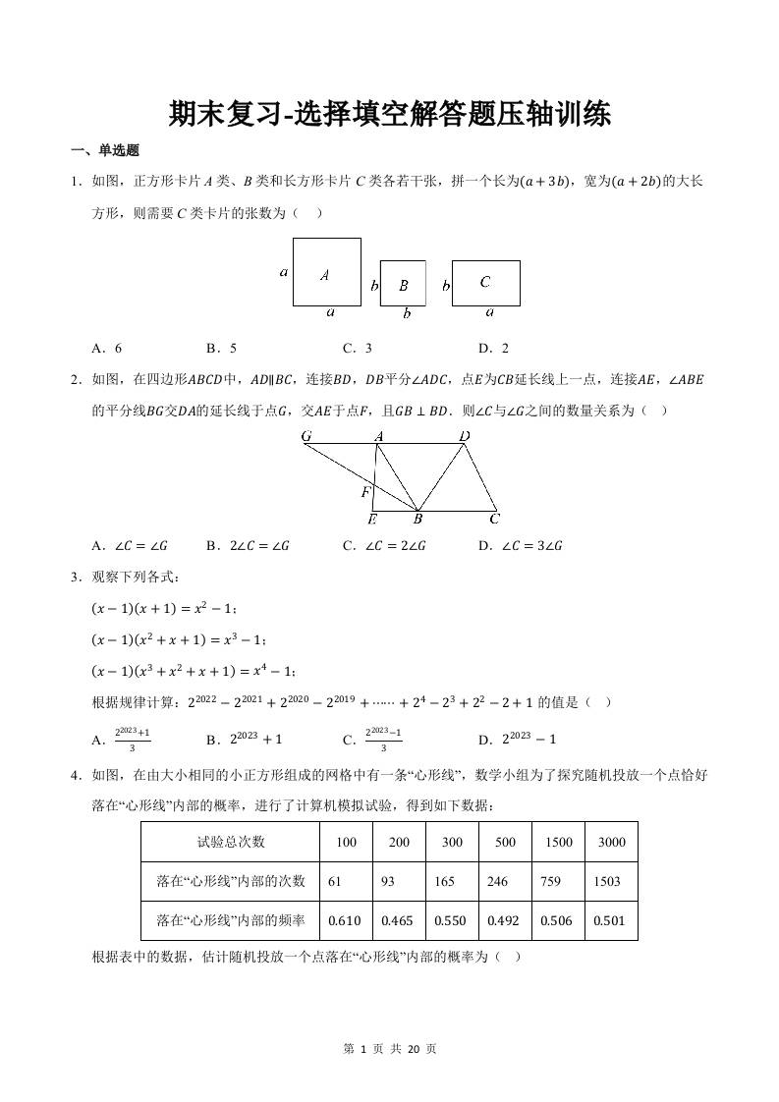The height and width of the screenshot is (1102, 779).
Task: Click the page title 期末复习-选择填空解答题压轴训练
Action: pos(389,114)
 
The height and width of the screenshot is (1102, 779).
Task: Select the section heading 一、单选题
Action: pos(105,151)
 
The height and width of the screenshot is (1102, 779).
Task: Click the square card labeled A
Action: pos(326,274)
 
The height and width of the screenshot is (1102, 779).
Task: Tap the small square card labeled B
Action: pos(403,284)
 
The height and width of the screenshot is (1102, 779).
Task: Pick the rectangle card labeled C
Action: pos(485,282)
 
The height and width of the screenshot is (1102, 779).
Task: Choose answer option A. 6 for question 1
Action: pos(106,348)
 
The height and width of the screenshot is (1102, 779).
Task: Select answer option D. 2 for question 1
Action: pos(493,348)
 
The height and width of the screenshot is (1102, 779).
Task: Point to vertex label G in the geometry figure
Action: pos(306,435)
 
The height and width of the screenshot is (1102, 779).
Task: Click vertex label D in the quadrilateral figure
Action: pos(465,435)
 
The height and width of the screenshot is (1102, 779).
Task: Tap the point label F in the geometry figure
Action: pos(365,491)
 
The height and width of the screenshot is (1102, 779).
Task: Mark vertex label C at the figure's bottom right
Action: pos(495,519)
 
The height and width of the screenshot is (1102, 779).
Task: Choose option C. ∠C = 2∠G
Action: pos(385,546)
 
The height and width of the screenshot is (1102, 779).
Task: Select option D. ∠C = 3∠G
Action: pos(520,546)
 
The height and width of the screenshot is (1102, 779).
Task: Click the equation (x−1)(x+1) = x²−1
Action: pos(164,609)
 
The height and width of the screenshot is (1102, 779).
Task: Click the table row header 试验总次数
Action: pos(231,842)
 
